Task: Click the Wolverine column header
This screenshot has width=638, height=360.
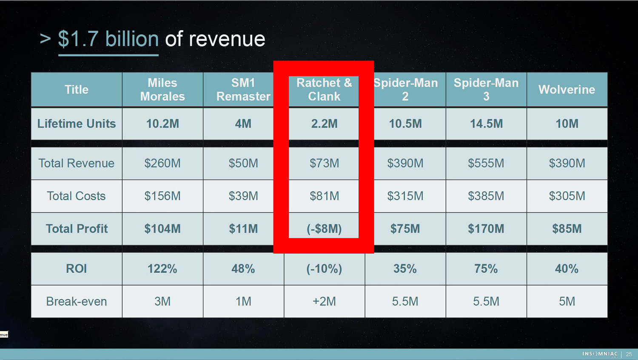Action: [567, 89]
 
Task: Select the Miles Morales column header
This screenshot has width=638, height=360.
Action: [162, 89]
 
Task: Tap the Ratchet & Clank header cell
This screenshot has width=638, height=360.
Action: [324, 89]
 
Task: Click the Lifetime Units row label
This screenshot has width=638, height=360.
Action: [77, 123]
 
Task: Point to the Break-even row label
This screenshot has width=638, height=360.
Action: [77, 301]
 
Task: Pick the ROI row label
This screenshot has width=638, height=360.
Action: [77, 269]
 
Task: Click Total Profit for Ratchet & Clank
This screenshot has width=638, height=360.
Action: [324, 229]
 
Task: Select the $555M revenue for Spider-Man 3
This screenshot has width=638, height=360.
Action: [486, 163]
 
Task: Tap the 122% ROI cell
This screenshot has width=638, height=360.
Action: [162, 269]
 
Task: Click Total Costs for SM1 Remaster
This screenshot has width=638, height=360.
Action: [243, 196]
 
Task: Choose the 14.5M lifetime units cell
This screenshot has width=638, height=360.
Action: [486, 123]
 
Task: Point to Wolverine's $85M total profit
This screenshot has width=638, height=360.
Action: [567, 229]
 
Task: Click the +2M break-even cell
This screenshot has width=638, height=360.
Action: [324, 301]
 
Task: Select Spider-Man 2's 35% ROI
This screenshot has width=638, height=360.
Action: [405, 269]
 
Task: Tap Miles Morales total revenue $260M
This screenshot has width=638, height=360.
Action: [162, 163]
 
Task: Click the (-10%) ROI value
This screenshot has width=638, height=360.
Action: [324, 269]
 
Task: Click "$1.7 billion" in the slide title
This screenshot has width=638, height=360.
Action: [108, 39]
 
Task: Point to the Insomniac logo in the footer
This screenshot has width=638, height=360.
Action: [600, 354]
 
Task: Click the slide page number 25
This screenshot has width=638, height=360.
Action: [629, 354]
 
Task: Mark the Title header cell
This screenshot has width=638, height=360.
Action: [77, 89]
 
